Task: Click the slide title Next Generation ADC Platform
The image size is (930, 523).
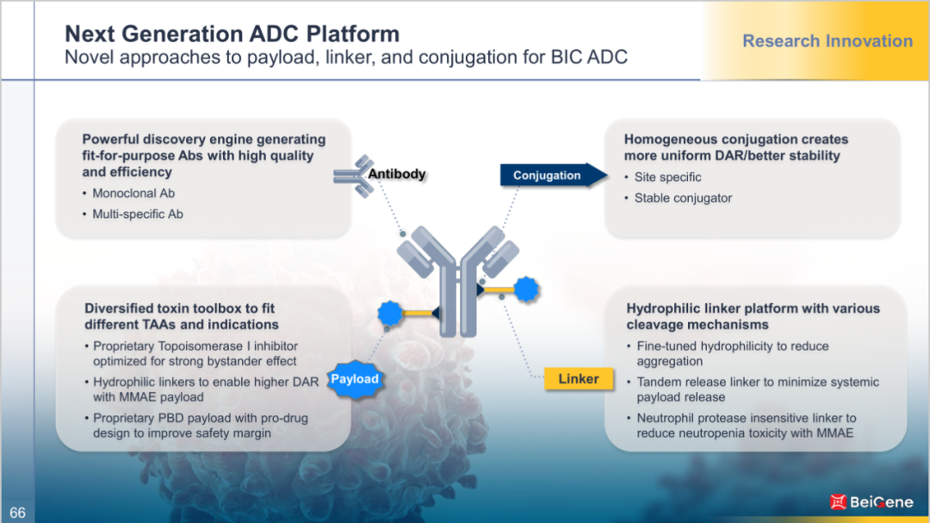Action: [x=232, y=34]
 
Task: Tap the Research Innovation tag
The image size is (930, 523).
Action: [x=827, y=41]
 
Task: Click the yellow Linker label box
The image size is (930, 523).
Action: [x=579, y=379]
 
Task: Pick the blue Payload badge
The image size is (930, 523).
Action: [x=354, y=379]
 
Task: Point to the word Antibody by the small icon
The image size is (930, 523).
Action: [x=397, y=174]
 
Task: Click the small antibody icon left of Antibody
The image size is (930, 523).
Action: [x=350, y=172]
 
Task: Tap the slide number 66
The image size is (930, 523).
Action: [x=17, y=513]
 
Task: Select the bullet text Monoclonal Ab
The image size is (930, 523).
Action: [x=133, y=193]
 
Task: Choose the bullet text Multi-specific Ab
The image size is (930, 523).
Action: [x=138, y=214]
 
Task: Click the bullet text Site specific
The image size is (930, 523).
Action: [x=668, y=177]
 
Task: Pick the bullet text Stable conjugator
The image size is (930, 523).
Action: [x=683, y=198]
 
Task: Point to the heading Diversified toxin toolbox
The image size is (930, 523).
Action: [x=180, y=308]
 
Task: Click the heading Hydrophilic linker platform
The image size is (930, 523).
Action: [x=753, y=308]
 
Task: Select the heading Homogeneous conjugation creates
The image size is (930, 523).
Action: [x=736, y=140]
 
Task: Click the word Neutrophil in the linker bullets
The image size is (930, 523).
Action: [x=668, y=419]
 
